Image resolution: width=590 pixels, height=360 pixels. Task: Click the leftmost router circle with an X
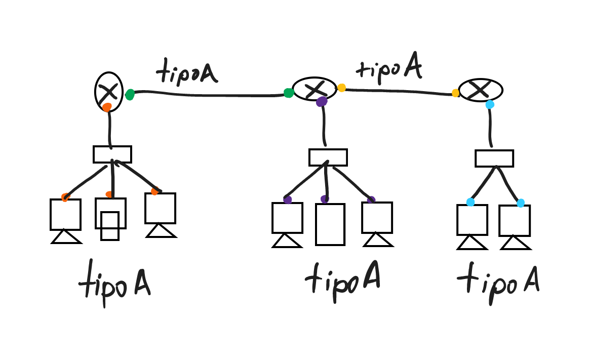(x=109, y=92)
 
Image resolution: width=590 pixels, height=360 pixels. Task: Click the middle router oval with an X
(x=314, y=89)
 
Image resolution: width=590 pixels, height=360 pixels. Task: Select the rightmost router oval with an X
(x=480, y=90)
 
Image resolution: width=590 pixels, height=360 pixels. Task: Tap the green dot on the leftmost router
(x=130, y=94)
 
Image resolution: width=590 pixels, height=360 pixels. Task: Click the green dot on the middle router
(x=289, y=93)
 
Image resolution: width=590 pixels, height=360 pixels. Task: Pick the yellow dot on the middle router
(x=342, y=88)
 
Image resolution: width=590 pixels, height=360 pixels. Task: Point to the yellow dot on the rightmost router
(x=456, y=93)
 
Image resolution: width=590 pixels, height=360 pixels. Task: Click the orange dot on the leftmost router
(x=106, y=107)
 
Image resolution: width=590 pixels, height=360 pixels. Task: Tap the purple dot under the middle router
(x=322, y=102)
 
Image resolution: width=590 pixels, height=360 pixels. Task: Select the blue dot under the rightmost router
(x=490, y=105)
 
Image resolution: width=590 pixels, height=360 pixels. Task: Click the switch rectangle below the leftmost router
(x=112, y=154)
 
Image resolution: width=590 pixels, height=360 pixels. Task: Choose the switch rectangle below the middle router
(x=328, y=157)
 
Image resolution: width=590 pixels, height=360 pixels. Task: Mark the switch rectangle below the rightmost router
(x=494, y=158)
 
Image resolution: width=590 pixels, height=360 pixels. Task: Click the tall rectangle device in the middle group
(x=330, y=224)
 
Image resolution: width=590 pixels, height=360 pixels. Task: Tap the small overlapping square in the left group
(x=110, y=226)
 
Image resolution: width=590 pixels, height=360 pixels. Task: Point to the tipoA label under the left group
(x=114, y=285)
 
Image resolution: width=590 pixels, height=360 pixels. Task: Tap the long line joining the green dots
(x=208, y=93)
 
